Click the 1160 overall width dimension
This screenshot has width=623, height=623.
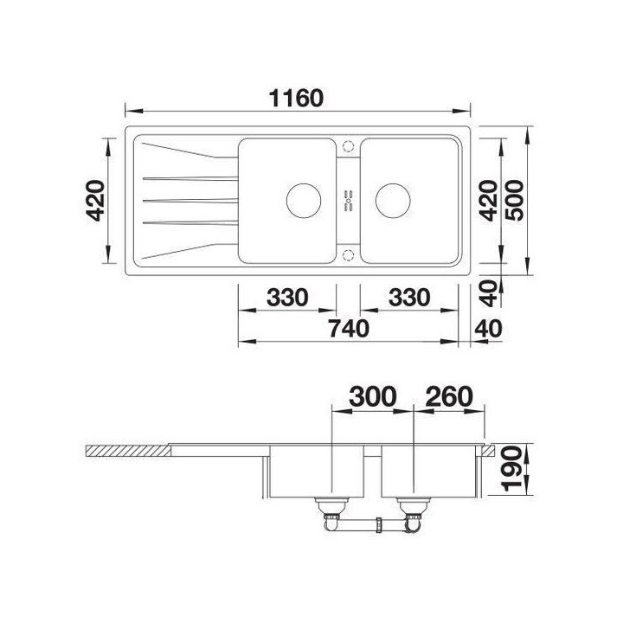[x=297, y=98]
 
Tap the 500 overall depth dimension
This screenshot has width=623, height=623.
[x=515, y=200]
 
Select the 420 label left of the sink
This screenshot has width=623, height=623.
[x=95, y=200]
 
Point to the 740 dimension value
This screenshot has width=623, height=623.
[x=349, y=329]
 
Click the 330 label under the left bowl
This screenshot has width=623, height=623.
[x=287, y=297]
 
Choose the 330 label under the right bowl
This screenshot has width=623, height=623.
[x=409, y=297]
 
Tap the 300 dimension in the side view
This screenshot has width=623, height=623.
[x=373, y=396]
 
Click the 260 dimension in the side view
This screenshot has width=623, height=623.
[x=449, y=396]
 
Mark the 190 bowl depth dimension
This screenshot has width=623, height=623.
[x=511, y=469]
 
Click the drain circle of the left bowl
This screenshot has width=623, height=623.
[x=304, y=201]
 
